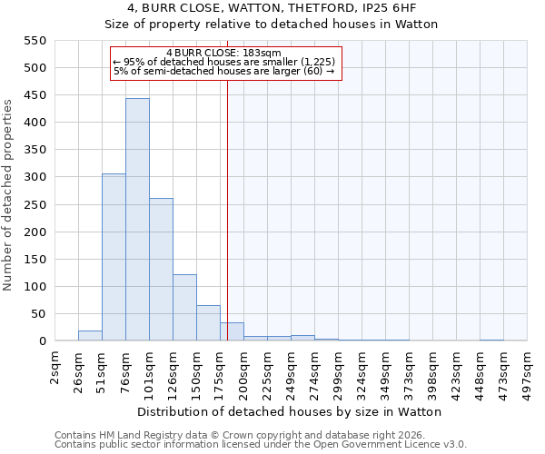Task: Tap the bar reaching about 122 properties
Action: click(184, 308)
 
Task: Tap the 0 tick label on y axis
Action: click(42, 341)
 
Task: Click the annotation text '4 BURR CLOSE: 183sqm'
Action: click(224, 53)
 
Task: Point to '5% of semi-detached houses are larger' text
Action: click(224, 71)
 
